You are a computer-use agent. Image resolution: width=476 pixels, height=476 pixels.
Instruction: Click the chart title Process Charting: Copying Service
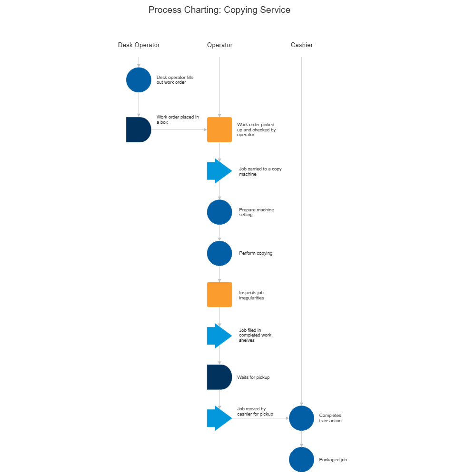click(219, 10)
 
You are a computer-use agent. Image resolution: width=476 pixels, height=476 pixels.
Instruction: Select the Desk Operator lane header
click(139, 45)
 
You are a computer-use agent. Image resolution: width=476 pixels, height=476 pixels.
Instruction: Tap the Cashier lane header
click(302, 45)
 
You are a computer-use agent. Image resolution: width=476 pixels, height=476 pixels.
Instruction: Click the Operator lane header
click(219, 45)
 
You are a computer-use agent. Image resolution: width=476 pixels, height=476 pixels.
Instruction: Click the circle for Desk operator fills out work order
click(139, 80)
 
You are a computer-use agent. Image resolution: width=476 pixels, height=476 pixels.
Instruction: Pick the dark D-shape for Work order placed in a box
click(138, 129)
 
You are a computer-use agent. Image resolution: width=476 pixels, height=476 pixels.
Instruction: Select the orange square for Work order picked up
click(219, 129)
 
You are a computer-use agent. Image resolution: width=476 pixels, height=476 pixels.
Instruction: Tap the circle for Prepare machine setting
click(219, 212)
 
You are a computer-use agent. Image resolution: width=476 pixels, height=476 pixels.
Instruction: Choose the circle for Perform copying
click(219, 253)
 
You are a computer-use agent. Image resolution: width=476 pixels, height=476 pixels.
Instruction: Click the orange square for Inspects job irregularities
click(219, 295)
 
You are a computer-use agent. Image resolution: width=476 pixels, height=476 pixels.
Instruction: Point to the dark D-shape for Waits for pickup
click(218, 377)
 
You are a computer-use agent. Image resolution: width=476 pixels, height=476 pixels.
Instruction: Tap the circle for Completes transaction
click(302, 418)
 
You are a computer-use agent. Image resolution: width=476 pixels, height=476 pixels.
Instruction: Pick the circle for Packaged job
click(302, 459)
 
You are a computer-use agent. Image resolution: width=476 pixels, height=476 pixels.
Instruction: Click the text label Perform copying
click(256, 253)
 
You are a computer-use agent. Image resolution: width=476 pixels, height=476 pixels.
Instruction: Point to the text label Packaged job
click(333, 460)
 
